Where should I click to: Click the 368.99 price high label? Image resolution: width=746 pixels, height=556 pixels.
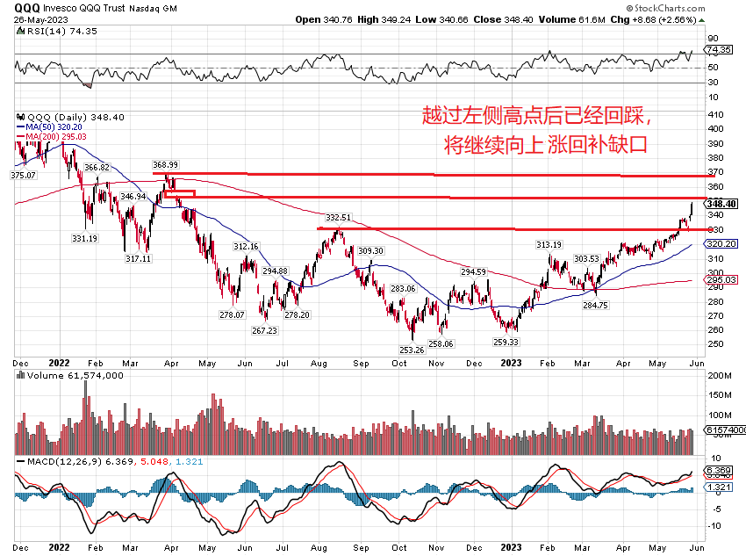click(165, 164)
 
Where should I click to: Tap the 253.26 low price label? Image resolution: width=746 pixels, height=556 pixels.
click(411, 350)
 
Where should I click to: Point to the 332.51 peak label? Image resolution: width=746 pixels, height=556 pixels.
click(338, 217)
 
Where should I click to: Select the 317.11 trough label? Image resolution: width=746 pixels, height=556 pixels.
click(139, 259)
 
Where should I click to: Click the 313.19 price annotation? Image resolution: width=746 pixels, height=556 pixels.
click(549, 245)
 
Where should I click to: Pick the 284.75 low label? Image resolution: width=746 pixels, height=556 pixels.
click(595, 305)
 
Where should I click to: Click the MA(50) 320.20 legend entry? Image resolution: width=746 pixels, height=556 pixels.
click(54, 126)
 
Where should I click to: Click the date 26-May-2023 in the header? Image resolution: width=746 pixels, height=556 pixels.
click(32, 18)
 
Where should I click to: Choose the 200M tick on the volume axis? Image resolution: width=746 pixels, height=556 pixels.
click(720, 375)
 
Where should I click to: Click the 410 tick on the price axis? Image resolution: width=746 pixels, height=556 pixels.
click(716, 115)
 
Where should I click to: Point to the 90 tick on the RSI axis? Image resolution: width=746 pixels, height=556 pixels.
click(714, 38)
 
